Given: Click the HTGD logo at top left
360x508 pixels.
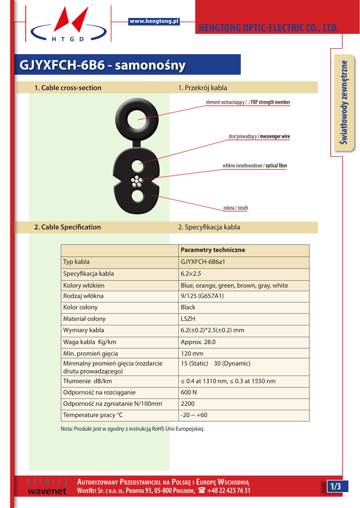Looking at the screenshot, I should [x=68, y=25].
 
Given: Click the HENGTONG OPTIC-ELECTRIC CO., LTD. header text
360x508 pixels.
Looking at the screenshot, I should [x=268, y=28].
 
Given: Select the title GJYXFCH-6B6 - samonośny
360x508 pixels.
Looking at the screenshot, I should [x=102, y=65].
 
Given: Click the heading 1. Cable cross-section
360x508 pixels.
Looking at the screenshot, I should [x=68, y=88].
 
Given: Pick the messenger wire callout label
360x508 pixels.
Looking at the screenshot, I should [x=274, y=136].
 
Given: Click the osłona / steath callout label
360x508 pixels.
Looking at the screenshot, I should [x=235, y=208].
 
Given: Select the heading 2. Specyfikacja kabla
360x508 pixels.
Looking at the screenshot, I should [x=209, y=227].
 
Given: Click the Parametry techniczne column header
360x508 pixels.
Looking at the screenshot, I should [x=213, y=250].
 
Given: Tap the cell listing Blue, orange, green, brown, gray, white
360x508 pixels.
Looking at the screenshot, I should [x=234, y=285].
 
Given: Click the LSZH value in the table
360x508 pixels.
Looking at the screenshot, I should [x=189, y=319].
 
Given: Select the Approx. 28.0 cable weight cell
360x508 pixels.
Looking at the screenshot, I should [x=198, y=342].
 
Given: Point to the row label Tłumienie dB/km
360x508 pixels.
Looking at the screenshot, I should [x=87, y=381].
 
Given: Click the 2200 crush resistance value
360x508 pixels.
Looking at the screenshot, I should [x=188, y=403].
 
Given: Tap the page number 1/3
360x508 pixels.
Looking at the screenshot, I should [x=337, y=487].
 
